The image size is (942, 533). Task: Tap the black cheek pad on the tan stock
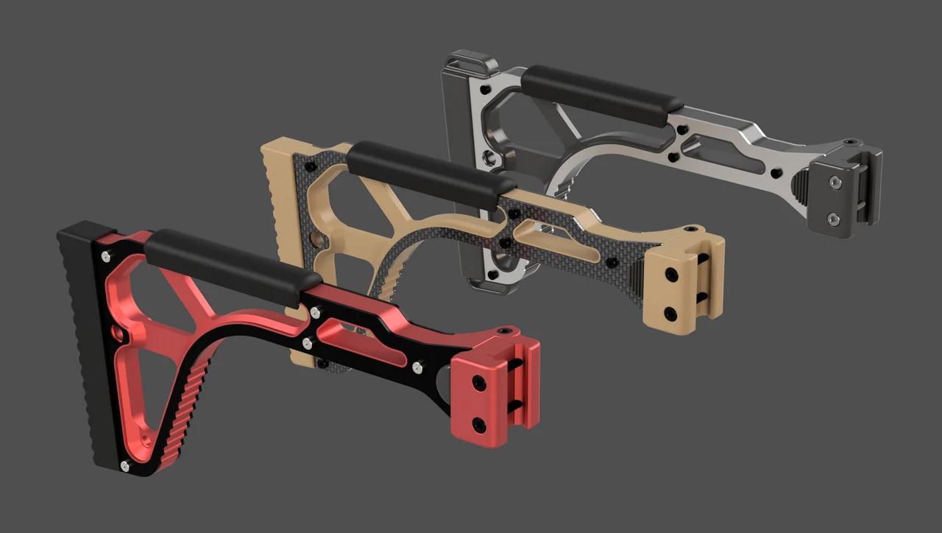point(431,172)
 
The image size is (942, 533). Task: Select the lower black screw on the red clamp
point(479,423)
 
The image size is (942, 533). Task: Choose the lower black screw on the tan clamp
point(671,311)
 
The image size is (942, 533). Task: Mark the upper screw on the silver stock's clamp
point(834,182)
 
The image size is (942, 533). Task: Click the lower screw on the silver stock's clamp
point(832,218)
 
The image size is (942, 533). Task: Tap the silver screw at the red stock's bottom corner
point(124,465)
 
